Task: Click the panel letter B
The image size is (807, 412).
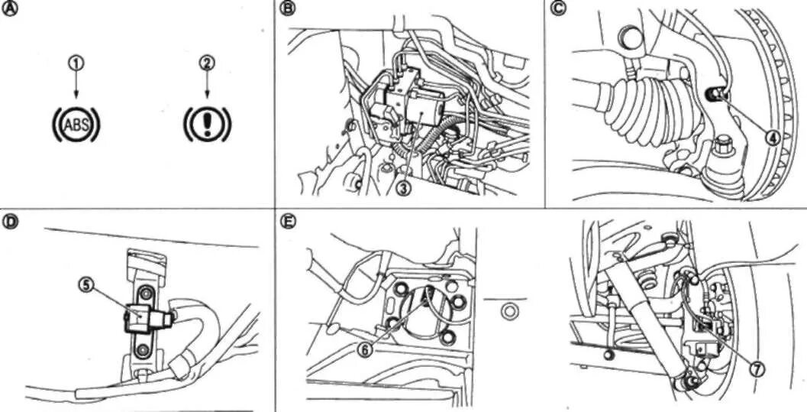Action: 287,8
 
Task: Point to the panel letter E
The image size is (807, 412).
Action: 287,222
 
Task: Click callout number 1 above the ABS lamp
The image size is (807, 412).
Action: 76,63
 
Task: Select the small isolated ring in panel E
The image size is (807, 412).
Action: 508,311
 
